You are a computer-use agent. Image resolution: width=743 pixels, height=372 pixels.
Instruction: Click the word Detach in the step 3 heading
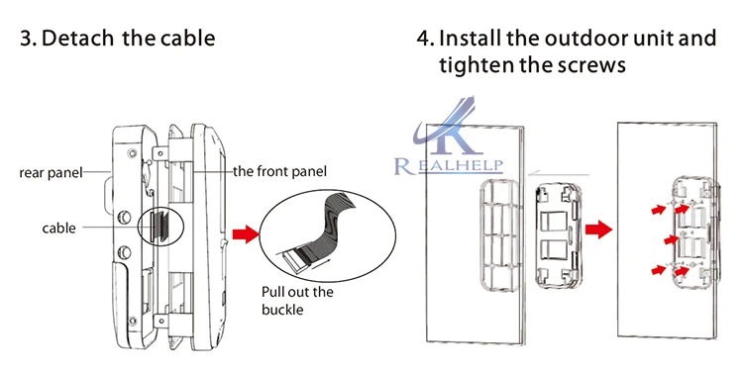(77, 38)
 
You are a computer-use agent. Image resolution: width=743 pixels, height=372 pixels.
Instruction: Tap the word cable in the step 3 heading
(187, 38)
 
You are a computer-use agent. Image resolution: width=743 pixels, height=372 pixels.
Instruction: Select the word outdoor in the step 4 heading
(584, 38)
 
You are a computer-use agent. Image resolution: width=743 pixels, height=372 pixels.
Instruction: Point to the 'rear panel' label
(51, 173)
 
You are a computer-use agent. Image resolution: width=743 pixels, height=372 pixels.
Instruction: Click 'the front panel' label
(279, 171)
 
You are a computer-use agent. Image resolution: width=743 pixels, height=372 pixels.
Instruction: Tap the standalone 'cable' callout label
(58, 229)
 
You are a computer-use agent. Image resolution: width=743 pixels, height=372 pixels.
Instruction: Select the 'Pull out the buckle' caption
(297, 301)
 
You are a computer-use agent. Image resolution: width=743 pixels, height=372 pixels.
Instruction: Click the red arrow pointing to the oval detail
(246, 234)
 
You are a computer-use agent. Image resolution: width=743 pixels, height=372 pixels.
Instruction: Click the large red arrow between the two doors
(598, 230)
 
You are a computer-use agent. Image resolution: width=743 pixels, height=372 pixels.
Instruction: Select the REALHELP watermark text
(448, 165)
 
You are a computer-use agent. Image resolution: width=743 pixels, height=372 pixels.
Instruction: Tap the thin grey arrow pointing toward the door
(560, 175)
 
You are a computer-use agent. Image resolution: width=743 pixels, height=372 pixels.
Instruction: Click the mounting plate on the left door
(502, 233)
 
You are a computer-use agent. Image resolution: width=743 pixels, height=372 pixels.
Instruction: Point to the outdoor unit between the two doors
(558, 235)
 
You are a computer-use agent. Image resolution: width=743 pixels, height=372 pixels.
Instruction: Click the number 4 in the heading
(423, 39)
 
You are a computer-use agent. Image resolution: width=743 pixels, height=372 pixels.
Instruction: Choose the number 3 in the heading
(26, 39)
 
